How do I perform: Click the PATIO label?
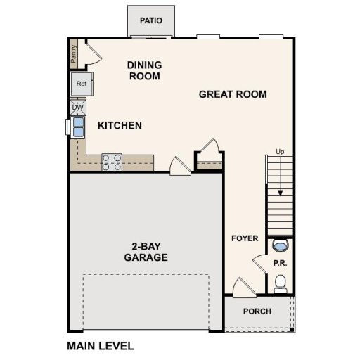(151, 20)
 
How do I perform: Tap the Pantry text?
(74, 53)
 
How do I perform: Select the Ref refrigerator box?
(82, 84)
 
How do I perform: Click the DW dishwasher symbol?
(77, 108)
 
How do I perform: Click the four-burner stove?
(112, 162)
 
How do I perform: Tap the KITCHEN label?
(120, 126)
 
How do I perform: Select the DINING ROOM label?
(144, 70)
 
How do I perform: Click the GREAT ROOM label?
(233, 94)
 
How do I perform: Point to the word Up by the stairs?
(280, 152)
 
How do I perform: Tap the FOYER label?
(245, 238)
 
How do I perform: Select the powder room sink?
(281, 247)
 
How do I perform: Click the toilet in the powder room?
(281, 283)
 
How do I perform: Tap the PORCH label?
(257, 311)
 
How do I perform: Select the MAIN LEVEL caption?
(100, 346)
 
